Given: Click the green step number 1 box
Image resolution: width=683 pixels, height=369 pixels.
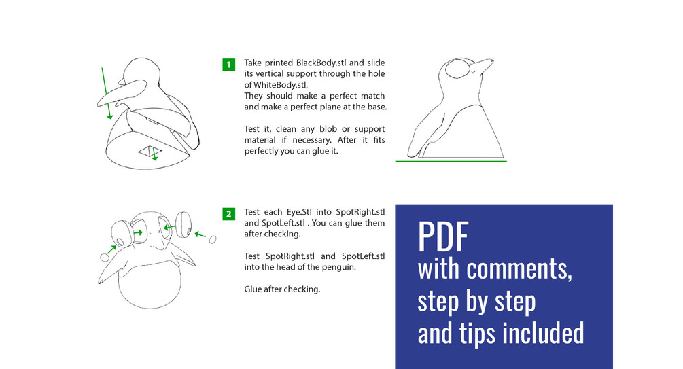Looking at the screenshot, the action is click(x=228, y=65).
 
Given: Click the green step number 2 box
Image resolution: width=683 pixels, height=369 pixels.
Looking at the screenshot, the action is click(x=228, y=214).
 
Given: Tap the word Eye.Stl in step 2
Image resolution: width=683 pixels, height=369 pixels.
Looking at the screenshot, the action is click(x=299, y=212).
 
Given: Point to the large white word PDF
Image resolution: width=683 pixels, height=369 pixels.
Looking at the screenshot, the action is click(x=443, y=236).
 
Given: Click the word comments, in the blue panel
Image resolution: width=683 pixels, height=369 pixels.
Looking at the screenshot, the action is click(x=519, y=269).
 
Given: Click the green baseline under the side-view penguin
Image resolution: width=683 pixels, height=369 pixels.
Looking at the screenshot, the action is click(x=451, y=161).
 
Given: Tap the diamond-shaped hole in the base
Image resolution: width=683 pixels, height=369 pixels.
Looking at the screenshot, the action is click(x=150, y=152).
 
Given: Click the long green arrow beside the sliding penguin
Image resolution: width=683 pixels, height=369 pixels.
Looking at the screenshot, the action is click(x=106, y=93).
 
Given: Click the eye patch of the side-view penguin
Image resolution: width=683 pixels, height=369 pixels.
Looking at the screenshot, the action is click(x=457, y=69).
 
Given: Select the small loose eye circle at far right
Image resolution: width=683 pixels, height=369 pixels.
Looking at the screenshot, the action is click(x=213, y=239).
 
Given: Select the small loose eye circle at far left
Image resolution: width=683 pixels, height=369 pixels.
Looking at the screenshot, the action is click(x=105, y=257).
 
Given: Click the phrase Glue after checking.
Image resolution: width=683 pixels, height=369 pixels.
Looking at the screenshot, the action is click(x=282, y=289).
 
